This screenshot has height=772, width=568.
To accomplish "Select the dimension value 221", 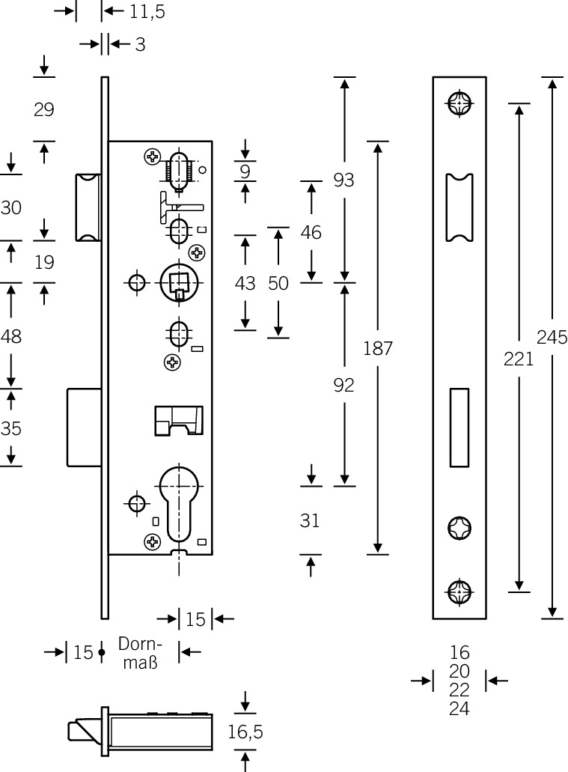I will (x=519, y=359).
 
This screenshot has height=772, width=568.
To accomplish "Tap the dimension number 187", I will (x=378, y=348).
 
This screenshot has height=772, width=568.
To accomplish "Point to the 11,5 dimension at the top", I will (x=147, y=11).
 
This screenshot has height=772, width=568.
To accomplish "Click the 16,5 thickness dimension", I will (x=245, y=732).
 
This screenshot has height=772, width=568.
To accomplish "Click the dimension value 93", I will (x=343, y=180).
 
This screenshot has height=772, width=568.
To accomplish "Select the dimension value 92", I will (x=343, y=385).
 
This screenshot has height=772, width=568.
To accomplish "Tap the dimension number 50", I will (x=278, y=284).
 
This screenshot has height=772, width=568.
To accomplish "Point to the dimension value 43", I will (x=245, y=284).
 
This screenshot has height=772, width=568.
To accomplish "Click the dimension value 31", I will (x=310, y=520).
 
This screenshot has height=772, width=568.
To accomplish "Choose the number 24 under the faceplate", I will (x=459, y=708).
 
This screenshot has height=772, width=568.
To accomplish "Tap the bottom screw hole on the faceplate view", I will (x=458, y=593).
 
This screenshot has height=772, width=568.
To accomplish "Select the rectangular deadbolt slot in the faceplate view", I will (x=459, y=426).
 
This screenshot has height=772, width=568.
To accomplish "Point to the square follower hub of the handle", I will (x=179, y=282).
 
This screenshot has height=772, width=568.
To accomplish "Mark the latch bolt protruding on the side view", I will (x=87, y=207).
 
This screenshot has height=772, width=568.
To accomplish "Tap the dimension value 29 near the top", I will (x=44, y=109).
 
